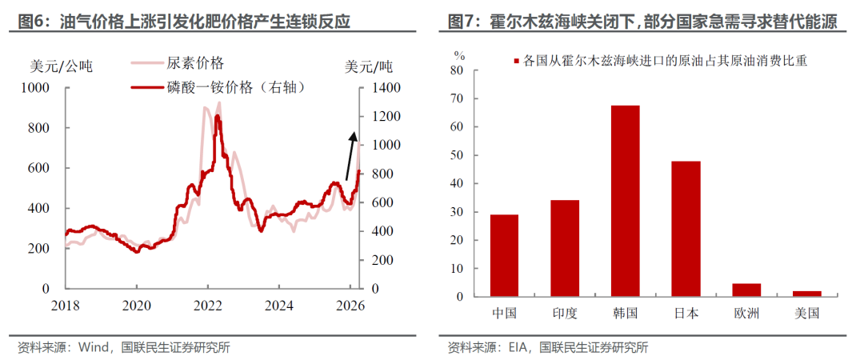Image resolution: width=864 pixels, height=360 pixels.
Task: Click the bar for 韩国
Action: tap(626, 201)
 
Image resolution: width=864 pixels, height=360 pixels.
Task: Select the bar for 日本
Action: tap(686, 229)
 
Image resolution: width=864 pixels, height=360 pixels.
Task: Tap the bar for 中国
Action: tap(504, 255)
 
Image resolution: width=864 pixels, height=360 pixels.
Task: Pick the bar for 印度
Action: tap(565, 248)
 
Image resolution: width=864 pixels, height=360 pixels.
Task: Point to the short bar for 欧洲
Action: tap(746, 290)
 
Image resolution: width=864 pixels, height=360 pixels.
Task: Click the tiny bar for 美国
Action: tap(807, 294)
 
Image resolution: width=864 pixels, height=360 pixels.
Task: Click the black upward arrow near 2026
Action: tap(350, 155)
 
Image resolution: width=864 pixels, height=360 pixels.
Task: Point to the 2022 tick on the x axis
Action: tap(208, 305)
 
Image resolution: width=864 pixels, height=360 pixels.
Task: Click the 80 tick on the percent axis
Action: tap(456, 70)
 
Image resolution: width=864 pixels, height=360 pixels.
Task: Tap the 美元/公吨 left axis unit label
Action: tap(62, 66)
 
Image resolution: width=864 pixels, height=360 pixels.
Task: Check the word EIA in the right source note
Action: tap(520, 347)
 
